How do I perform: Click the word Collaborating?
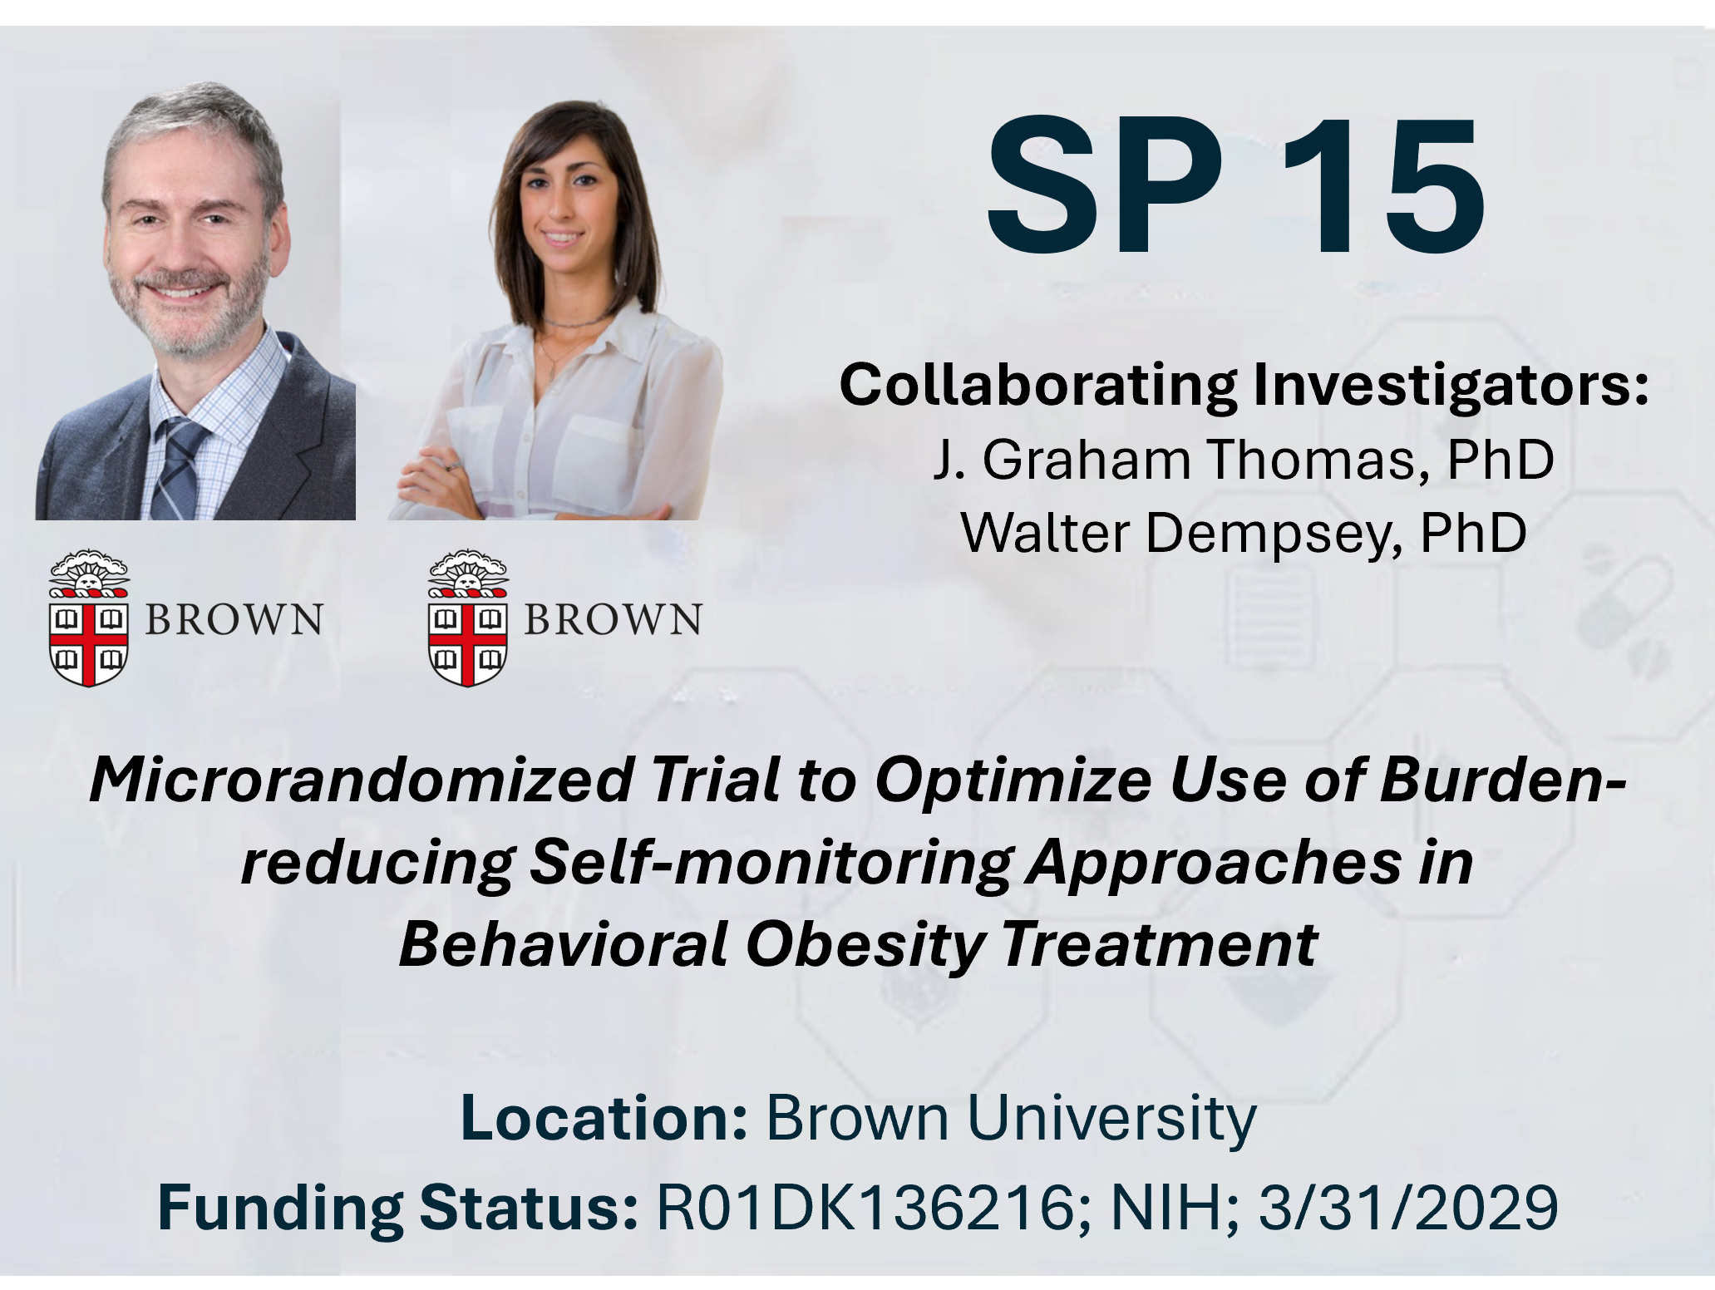coord(1038,386)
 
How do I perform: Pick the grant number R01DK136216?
coord(865,1207)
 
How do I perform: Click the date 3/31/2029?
coord(1407,1207)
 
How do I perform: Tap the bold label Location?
coord(604,1118)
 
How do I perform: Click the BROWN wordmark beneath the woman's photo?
coord(613,619)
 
